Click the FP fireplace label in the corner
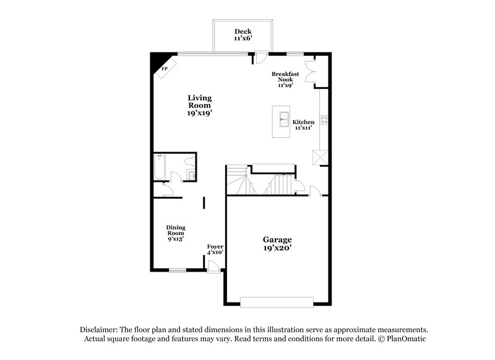click(x=164, y=69)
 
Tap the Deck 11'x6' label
click(x=241, y=35)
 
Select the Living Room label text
click(x=200, y=105)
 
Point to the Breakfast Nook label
click(x=285, y=79)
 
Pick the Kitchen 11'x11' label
click(x=303, y=125)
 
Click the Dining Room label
click(x=175, y=233)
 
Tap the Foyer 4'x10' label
click(x=215, y=249)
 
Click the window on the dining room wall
click(x=178, y=270)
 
